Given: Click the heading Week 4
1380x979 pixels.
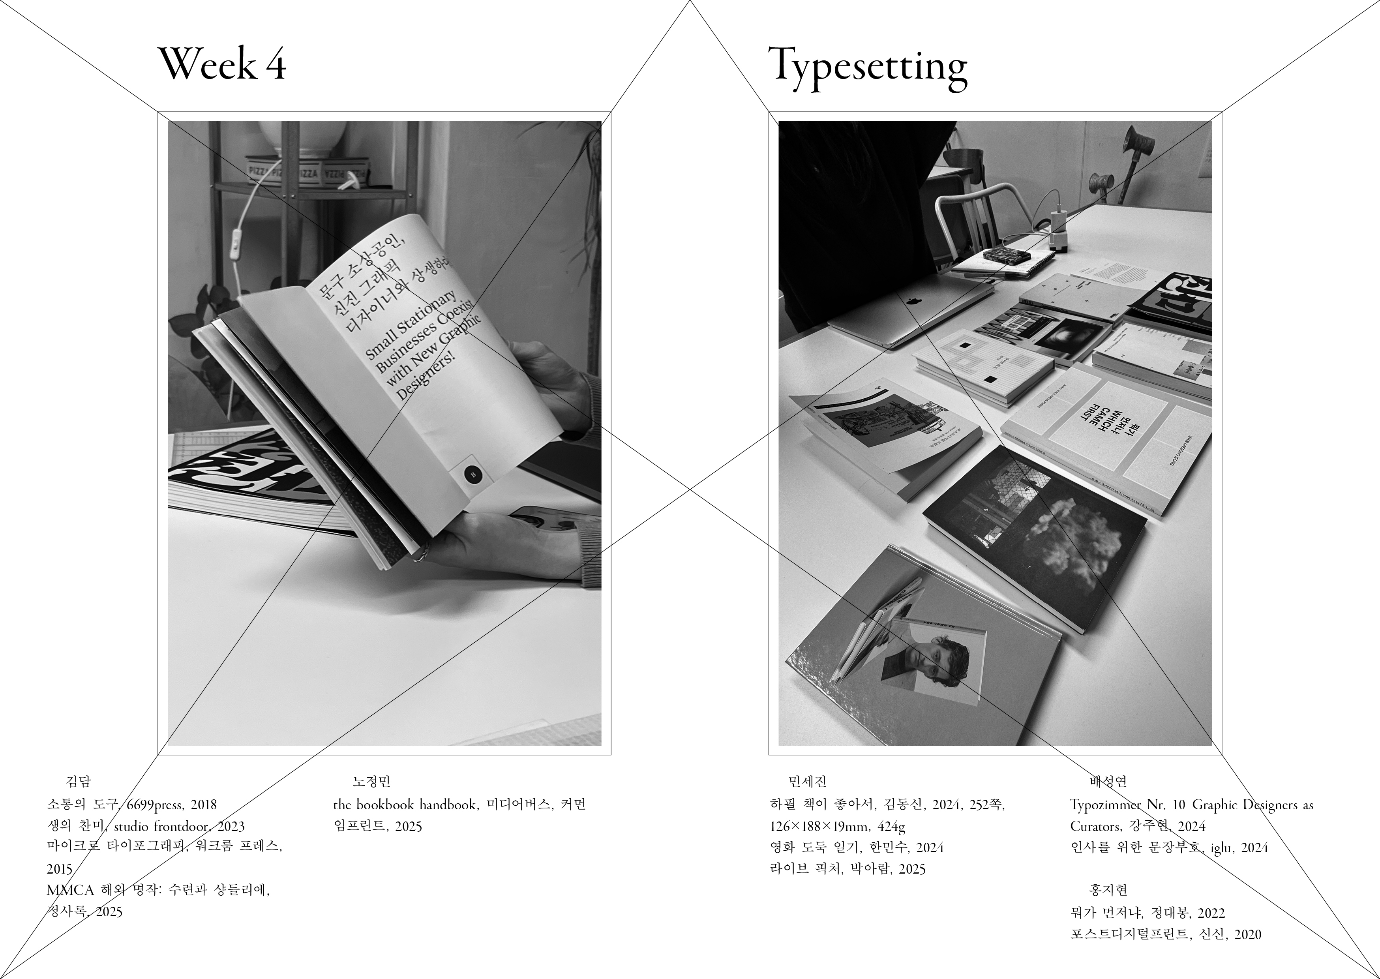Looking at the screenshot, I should pyautogui.click(x=222, y=64).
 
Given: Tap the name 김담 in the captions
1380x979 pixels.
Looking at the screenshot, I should pyautogui.click(x=78, y=782).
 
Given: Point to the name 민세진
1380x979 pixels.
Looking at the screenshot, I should pyautogui.click(x=808, y=782).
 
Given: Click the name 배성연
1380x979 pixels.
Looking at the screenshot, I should pyautogui.click(x=1108, y=782).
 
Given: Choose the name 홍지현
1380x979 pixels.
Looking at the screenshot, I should pyautogui.click(x=1108, y=890).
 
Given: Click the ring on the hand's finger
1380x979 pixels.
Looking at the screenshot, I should pyautogui.click(x=421, y=550).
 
